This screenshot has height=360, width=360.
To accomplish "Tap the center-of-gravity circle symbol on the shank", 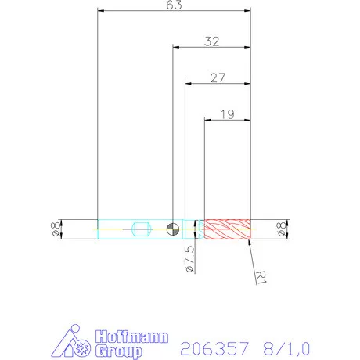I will coord(173,229).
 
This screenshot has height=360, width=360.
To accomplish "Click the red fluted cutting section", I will coord(227,229).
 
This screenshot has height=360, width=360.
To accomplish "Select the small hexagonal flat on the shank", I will coord(142,229).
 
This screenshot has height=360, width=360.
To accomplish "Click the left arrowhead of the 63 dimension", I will coord(101,11).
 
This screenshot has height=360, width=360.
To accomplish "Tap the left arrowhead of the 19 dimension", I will coord(207,119).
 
